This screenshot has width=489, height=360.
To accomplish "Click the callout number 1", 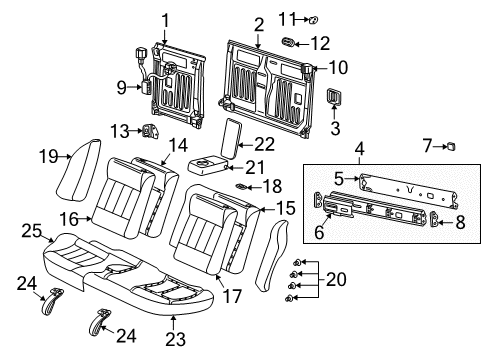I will coord(166,18).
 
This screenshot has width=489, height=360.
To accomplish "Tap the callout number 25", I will coord(30,232).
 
